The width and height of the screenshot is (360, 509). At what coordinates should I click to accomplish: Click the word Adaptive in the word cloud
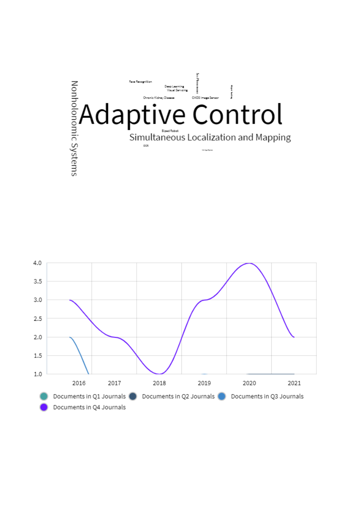(132, 114)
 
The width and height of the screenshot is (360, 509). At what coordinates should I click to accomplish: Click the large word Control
(237, 114)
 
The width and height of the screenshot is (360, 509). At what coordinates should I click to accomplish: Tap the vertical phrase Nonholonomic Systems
(74, 128)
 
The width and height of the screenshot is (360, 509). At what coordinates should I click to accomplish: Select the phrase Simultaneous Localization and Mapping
(210, 137)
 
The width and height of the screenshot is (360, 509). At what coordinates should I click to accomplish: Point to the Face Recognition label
(140, 82)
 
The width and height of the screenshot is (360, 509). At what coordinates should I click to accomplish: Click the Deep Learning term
(174, 86)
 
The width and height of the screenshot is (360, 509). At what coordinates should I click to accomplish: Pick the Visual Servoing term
(177, 90)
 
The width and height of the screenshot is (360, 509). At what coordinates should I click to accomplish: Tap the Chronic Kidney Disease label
(159, 98)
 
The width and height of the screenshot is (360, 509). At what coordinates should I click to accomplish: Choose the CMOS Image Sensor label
(205, 98)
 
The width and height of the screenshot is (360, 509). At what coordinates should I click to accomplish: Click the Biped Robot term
(170, 131)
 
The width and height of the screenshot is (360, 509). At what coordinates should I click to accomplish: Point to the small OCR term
(146, 146)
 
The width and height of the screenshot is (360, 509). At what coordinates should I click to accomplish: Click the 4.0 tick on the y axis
(37, 263)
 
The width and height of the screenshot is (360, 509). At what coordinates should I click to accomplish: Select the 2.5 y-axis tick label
(37, 318)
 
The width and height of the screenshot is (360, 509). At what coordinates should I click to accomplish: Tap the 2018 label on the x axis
(160, 383)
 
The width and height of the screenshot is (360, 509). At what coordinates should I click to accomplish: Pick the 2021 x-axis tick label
(294, 383)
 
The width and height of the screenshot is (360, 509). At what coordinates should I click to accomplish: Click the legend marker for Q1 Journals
(44, 396)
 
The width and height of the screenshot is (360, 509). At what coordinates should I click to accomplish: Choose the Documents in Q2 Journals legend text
(178, 396)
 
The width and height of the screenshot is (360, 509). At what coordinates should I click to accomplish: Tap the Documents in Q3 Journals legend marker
(222, 396)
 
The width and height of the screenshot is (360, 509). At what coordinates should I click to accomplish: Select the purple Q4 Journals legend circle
(44, 407)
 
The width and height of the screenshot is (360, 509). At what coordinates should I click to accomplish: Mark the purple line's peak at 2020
(250, 263)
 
